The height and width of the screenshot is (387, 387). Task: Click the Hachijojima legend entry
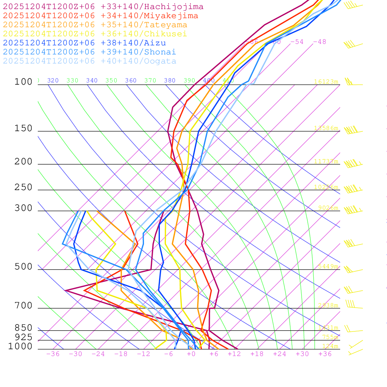tap(103, 7)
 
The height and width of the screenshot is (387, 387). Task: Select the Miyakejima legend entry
tap(100, 16)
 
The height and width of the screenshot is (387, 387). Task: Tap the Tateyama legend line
tap(95, 25)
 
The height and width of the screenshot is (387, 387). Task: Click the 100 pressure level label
tap(23, 82)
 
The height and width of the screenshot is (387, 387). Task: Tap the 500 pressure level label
tap(23, 267)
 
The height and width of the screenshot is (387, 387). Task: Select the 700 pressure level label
tap(23, 306)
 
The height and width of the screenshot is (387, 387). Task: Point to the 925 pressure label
tap(23, 337)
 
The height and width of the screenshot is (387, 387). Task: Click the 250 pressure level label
tap(23, 187)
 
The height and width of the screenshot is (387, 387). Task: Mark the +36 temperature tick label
tap(325, 354)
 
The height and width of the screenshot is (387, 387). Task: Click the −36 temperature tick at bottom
tap(53, 354)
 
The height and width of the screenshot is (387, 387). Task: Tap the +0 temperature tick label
tap(191, 354)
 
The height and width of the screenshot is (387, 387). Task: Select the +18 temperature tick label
tap(257, 354)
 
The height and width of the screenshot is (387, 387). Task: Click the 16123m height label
tap(326, 82)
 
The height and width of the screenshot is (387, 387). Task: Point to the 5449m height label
tap(328, 266)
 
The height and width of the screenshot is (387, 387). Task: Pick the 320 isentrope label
tap(53, 80)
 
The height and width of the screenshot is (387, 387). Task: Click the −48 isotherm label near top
tap(319, 42)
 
